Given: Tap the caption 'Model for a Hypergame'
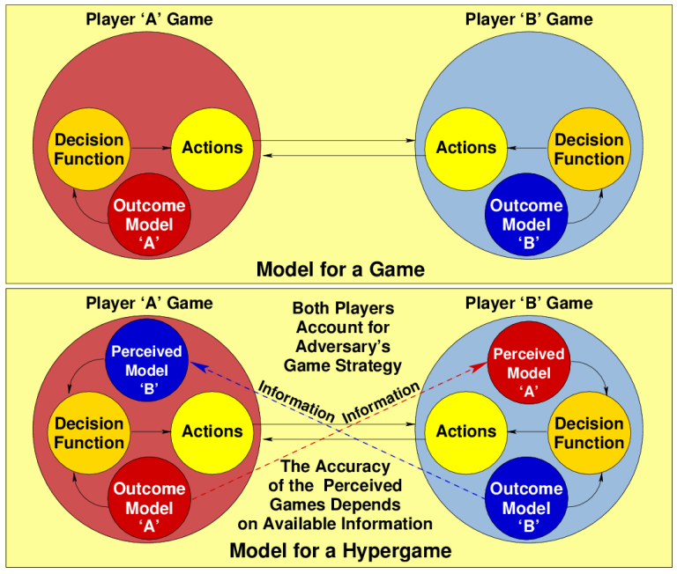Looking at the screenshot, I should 340,552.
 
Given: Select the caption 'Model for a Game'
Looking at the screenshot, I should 340,269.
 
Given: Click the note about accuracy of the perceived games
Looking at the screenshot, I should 335,496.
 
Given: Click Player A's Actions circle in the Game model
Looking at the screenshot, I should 212,148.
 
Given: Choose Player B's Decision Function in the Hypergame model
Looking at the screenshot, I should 589,432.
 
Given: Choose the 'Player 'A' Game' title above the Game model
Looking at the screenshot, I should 149,19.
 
